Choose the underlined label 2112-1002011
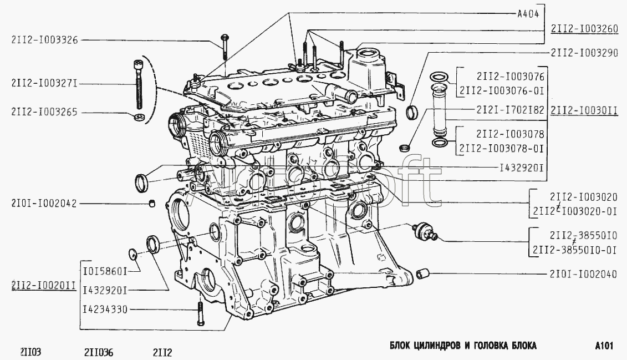(44, 285)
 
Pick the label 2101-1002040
(583, 273)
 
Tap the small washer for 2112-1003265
(140, 116)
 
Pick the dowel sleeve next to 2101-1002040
(423, 273)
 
